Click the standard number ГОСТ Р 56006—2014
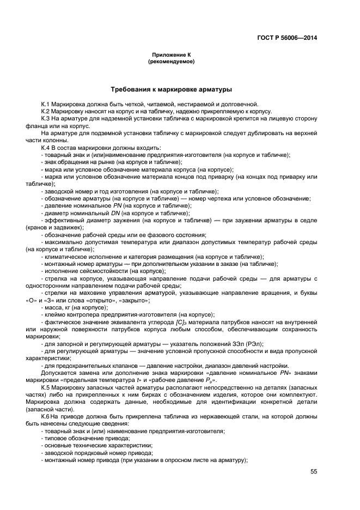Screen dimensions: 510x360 pyautogui.click(x=287, y=38)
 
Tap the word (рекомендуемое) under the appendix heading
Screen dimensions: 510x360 pyautogui.click(x=171, y=62)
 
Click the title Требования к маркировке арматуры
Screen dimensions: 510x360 pyautogui.click(x=171, y=89)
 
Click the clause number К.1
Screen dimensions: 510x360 pyautogui.click(x=46, y=104)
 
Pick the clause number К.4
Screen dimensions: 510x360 pyautogui.click(x=46, y=148)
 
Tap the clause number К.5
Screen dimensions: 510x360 pyautogui.click(x=46, y=387)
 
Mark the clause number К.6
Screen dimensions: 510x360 pyautogui.click(x=46, y=416)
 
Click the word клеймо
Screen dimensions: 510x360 pyautogui.click(x=55, y=314)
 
